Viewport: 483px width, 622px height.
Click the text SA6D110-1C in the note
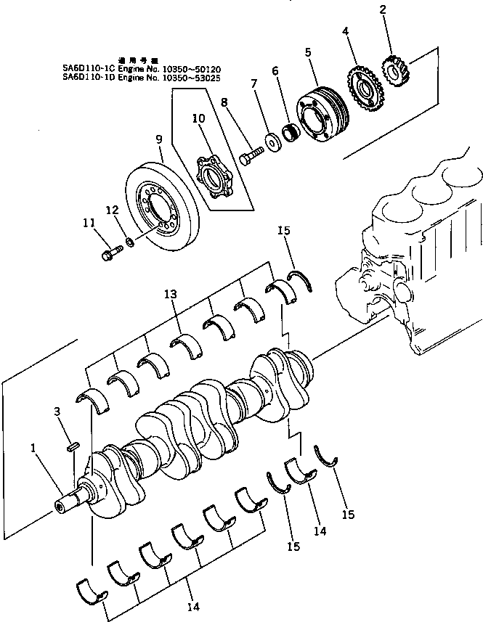(88, 67)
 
